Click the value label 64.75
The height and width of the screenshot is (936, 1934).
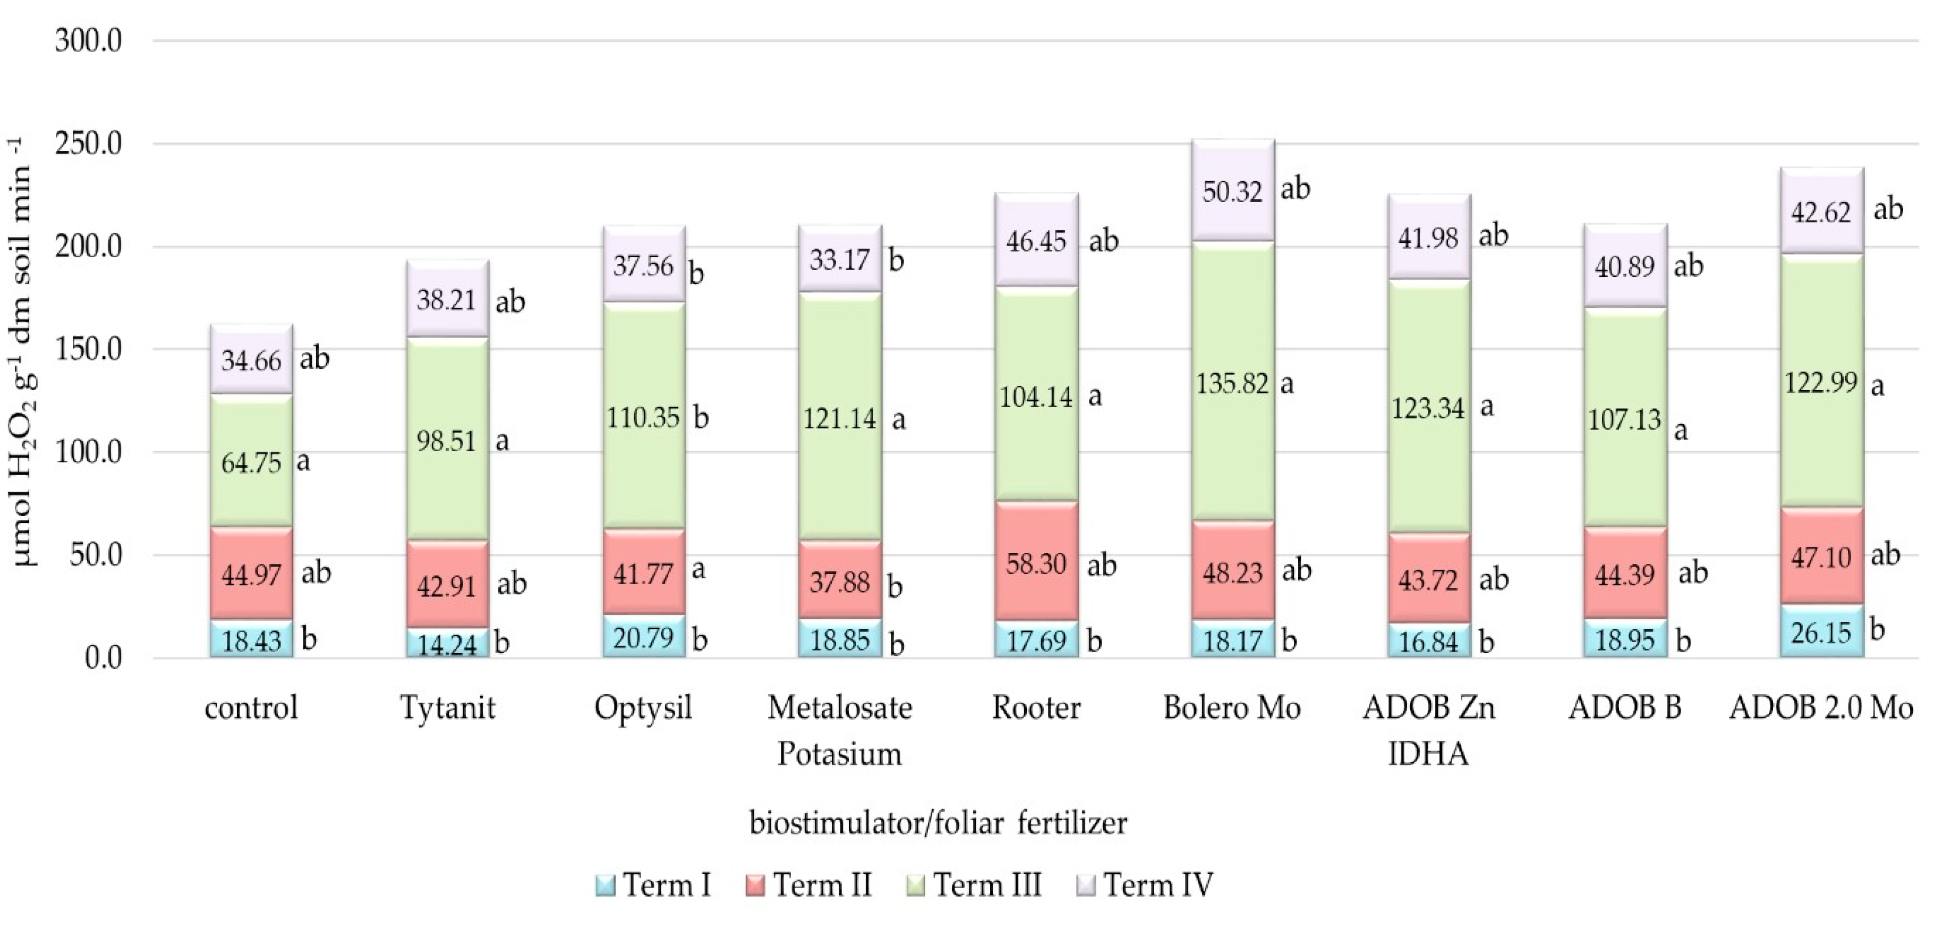(251, 463)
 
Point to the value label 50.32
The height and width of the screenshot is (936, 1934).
(1232, 191)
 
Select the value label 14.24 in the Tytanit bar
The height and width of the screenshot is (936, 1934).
(447, 645)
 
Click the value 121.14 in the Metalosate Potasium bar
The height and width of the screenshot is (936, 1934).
(839, 418)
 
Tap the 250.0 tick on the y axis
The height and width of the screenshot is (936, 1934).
(89, 144)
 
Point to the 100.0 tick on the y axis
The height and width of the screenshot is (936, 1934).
(89, 453)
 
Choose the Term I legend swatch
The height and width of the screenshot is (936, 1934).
(605, 886)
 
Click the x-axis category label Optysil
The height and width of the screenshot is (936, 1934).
(643, 707)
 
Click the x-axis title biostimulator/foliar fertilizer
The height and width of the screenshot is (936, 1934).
(938, 823)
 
